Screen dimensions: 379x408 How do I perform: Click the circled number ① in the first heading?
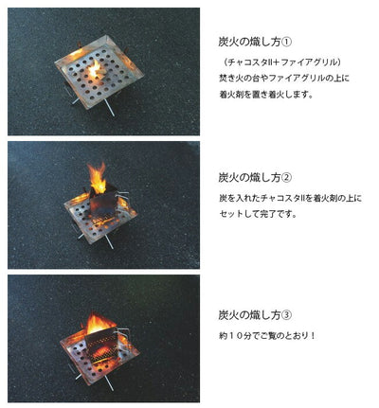(286, 43)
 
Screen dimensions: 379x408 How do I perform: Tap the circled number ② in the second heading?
(286, 178)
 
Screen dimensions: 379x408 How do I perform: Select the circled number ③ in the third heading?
(286, 315)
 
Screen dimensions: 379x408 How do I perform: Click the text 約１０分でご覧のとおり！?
(267, 335)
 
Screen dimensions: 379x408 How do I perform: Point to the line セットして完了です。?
(259, 214)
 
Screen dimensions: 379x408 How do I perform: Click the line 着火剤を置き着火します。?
(266, 95)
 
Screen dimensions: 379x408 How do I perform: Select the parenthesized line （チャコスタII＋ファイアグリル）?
(281, 62)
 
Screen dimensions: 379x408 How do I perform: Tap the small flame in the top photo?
(95, 69)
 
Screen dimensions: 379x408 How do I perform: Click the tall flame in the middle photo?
(98, 177)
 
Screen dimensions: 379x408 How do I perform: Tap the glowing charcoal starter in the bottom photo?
(101, 345)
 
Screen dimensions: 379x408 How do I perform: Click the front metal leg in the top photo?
(109, 108)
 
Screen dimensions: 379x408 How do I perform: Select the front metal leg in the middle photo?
(108, 241)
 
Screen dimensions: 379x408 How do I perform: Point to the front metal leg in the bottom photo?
(109, 383)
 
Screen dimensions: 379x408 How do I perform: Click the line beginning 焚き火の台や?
(284, 78)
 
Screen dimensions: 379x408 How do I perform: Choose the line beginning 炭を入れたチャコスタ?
(290, 198)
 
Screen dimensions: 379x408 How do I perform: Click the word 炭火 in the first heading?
(228, 43)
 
